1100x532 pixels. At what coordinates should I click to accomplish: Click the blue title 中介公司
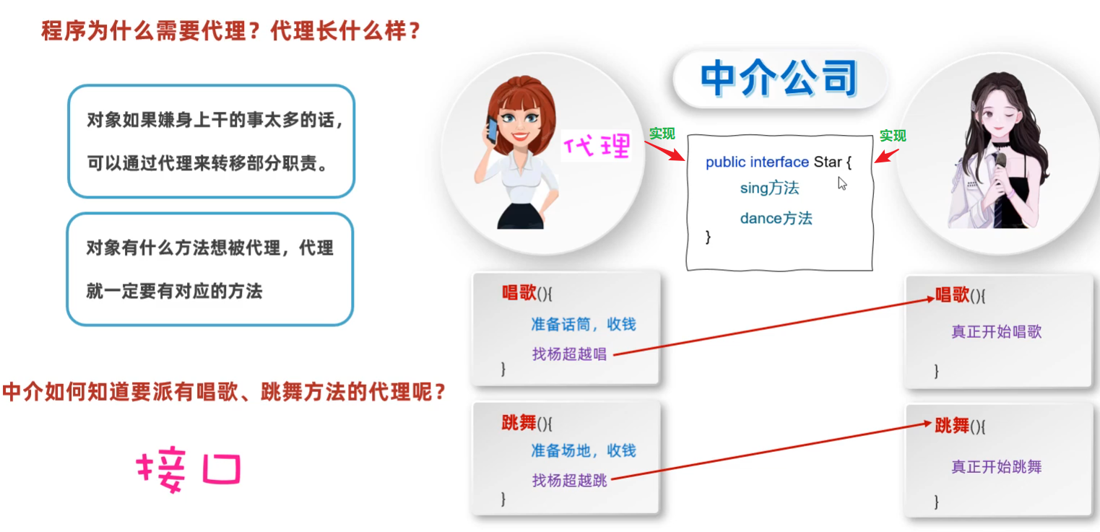tap(779, 78)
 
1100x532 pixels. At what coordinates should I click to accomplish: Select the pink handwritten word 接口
tap(189, 468)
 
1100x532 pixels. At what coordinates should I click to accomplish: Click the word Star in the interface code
tap(828, 162)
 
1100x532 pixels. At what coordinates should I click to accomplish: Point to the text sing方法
tap(769, 188)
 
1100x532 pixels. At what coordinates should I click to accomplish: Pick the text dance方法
tap(776, 219)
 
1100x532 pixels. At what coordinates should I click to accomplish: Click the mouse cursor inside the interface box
tap(842, 183)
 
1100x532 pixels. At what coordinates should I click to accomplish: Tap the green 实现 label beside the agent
tap(662, 134)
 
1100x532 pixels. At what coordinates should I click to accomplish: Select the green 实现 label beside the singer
tap(893, 136)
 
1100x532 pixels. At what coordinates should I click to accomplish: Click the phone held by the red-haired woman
tap(492, 130)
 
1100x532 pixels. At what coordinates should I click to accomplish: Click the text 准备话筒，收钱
tap(584, 324)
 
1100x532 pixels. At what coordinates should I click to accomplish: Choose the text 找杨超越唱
tap(570, 354)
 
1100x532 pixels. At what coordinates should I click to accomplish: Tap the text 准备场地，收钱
tap(584, 450)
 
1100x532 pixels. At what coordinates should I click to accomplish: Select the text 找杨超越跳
tap(570, 481)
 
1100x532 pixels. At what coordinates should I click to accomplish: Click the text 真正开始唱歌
tap(997, 332)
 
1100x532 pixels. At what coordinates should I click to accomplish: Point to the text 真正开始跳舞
tap(997, 467)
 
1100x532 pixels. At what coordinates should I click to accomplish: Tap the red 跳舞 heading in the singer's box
tap(952, 425)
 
